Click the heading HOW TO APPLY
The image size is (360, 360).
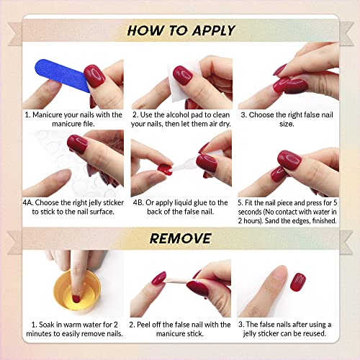(180, 30)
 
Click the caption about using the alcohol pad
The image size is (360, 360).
(180, 119)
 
